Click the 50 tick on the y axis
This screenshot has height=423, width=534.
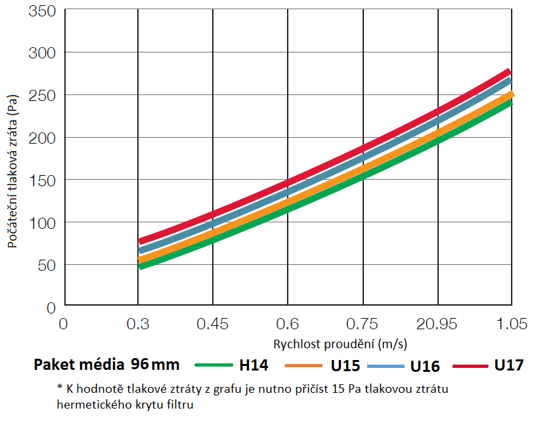[x=47, y=265]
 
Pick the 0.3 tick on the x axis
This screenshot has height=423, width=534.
[x=138, y=324]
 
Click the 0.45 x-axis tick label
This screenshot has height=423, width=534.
[x=213, y=324]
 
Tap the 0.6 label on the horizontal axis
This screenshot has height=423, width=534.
[x=288, y=324]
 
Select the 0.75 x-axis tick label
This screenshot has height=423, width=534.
[x=363, y=324]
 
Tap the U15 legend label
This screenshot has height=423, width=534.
[x=345, y=366]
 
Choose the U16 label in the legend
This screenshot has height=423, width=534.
[x=425, y=366]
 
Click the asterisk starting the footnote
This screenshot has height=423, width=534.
[x=60, y=388]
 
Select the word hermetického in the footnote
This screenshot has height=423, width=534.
[x=93, y=405]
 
